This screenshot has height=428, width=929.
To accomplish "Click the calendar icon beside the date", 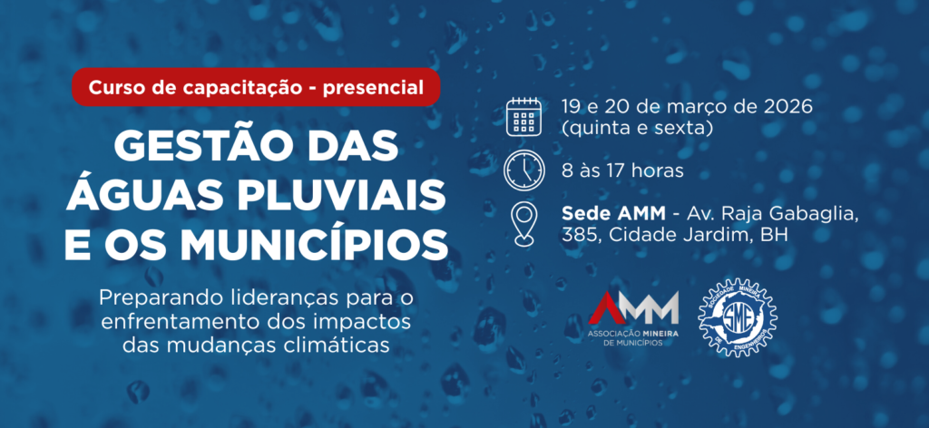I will pos(524,116).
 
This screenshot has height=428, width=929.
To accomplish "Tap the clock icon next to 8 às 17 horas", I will pos(524,170).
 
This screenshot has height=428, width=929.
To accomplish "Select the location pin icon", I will pos(524,224).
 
